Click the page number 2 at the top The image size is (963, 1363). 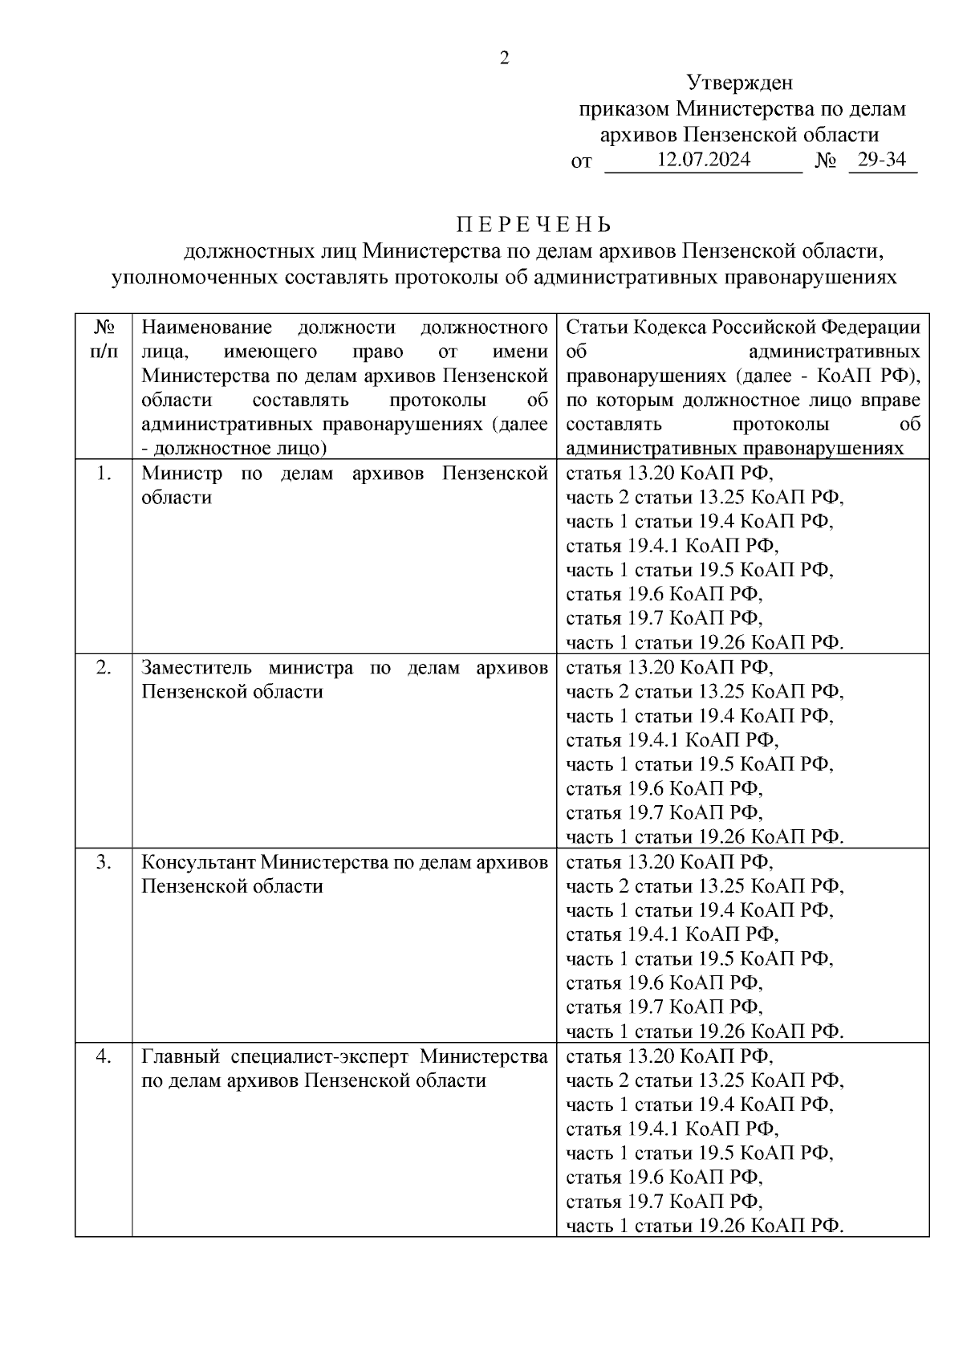point(504,58)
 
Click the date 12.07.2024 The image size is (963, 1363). point(703,160)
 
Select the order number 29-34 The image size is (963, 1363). point(881,160)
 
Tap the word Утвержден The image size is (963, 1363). point(739,83)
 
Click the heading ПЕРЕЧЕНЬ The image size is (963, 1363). point(534,224)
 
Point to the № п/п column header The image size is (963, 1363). point(104,340)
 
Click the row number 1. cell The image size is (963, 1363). point(104,474)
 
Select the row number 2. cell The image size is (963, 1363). point(104,668)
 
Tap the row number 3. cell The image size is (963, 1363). point(104,862)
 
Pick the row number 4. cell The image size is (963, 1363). point(104,1056)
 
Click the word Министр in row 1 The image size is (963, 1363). point(181,474)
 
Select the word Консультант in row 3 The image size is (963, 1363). point(197,862)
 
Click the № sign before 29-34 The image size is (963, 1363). point(826,161)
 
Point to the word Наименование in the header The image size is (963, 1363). point(206,328)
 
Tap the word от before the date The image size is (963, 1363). point(581,161)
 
